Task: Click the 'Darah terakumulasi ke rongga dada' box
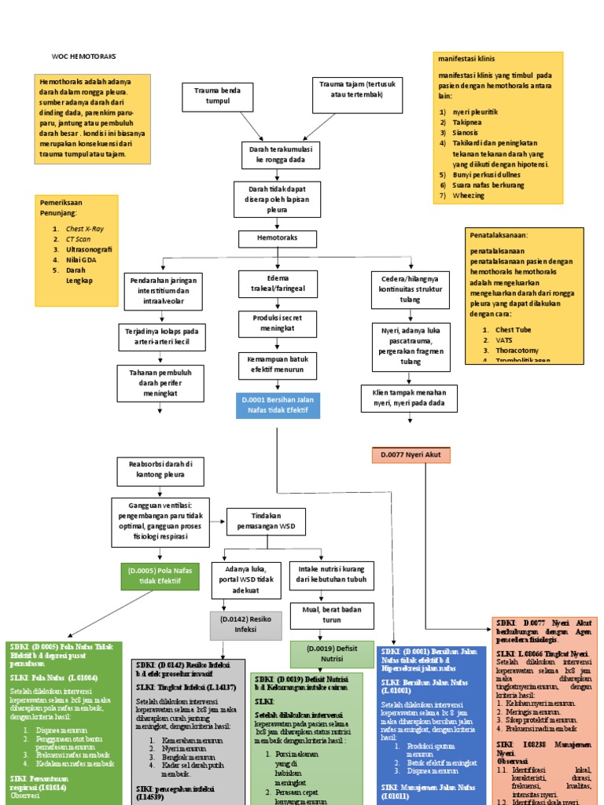278,153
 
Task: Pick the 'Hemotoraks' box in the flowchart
278,238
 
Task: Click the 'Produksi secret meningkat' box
278,322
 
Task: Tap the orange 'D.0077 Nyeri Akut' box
411,455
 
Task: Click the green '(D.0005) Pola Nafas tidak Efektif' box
160,575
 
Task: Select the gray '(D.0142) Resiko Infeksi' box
245,624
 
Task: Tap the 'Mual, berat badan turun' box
331,614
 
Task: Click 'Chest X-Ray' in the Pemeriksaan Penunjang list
84,229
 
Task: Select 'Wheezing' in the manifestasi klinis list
468,195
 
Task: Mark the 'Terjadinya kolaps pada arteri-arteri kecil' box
163,337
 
